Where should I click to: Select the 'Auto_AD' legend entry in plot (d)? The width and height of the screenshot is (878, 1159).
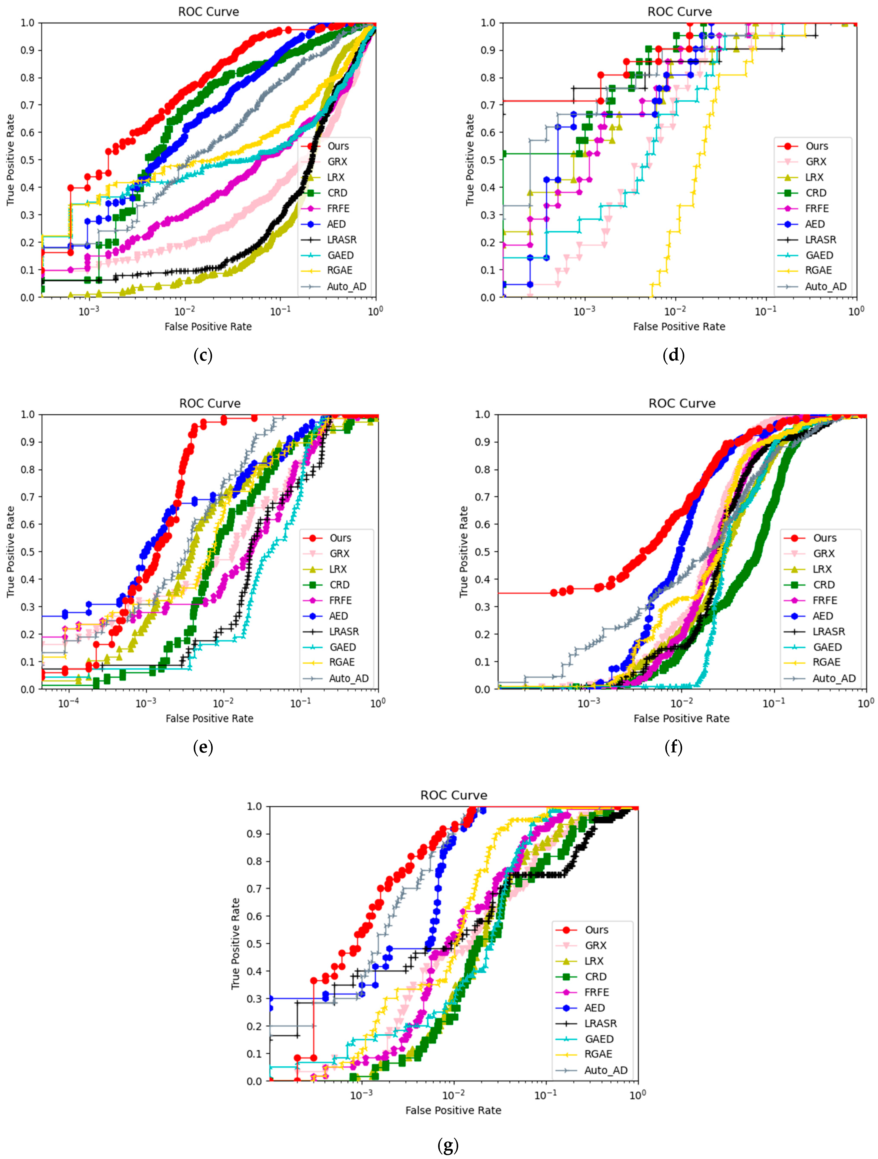[825, 287]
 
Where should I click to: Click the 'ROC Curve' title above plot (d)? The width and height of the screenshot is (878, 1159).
[680, 11]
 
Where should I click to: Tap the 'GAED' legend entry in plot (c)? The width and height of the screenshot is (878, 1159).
[340, 255]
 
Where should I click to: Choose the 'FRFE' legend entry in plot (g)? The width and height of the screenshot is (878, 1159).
[596, 992]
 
